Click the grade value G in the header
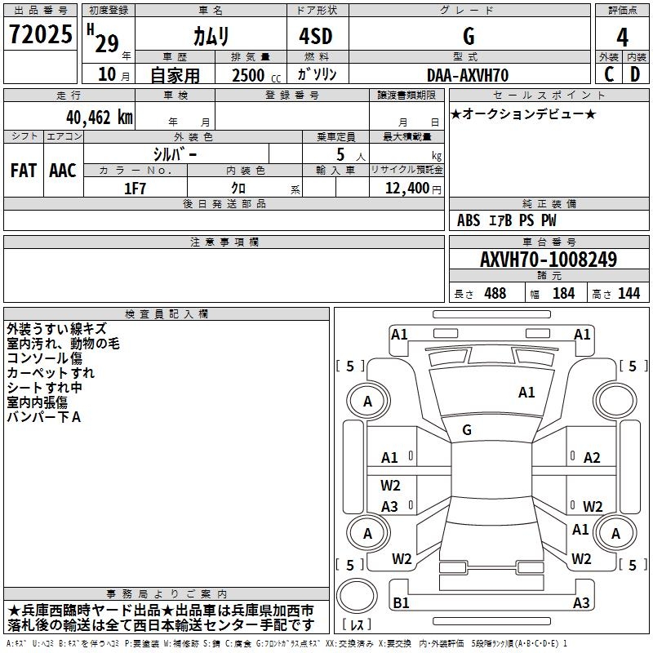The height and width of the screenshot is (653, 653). [x=469, y=37]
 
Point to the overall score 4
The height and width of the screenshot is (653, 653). [x=623, y=38]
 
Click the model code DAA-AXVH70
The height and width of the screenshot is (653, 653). [x=468, y=75]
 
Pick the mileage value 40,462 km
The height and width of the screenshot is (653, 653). [x=93, y=117]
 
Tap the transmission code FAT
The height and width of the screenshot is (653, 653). [x=24, y=171]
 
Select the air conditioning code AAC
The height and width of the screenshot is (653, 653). [x=63, y=171]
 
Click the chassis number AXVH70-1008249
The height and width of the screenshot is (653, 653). [x=549, y=260]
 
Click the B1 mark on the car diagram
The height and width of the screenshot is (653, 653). [x=401, y=603]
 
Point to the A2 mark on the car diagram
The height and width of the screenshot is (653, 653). [x=592, y=458]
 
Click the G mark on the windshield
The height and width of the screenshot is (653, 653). [x=467, y=430]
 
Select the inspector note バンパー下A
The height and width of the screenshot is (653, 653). [x=44, y=417]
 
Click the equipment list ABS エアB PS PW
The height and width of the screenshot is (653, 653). [x=507, y=220]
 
